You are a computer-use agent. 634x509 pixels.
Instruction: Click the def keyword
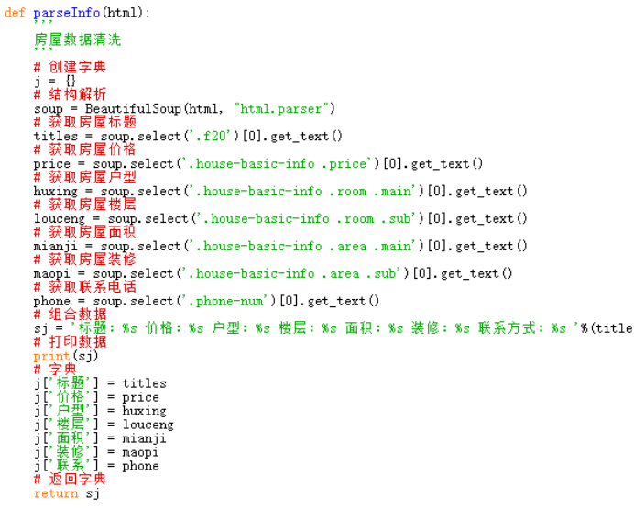click(x=15, y=13)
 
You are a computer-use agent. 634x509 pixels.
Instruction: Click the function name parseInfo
click(x=67, y=14)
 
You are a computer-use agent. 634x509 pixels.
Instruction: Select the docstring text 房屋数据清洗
click(x=78, y=39)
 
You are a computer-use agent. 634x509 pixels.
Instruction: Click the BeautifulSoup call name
click(x=133, y=109)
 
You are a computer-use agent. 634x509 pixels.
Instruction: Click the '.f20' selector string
click(x=211, y=137)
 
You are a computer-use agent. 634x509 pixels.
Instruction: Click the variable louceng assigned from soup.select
click(x=60, y=219)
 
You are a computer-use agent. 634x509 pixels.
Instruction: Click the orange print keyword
click(x=51, y=357)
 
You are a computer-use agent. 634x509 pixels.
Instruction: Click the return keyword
click(x=56, y=493)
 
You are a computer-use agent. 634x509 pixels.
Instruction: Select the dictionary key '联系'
click(x=71, y=466)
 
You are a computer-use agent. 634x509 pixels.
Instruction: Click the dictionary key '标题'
click(x=71, y=383)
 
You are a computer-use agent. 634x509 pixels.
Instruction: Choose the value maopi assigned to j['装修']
click(x=140, y=452)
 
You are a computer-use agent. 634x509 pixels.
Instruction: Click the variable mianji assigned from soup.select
click(x=55, y=247)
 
